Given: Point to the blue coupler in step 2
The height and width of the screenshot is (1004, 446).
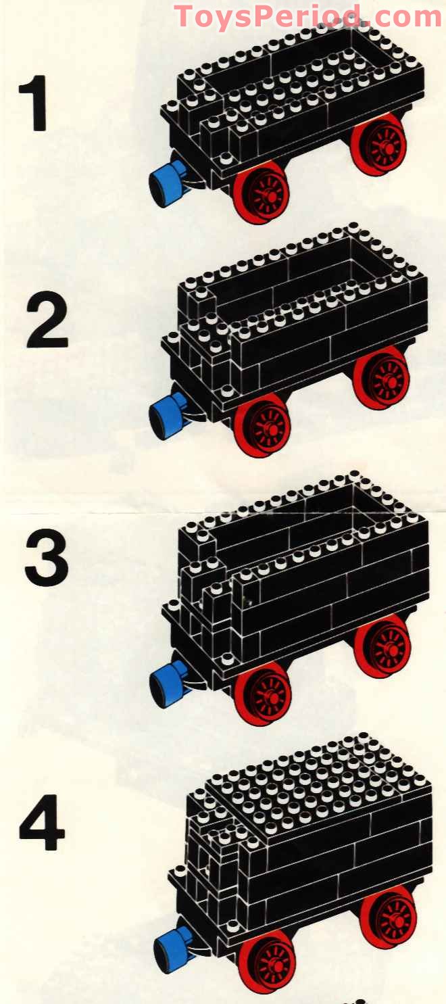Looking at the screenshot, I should point(166,414).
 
